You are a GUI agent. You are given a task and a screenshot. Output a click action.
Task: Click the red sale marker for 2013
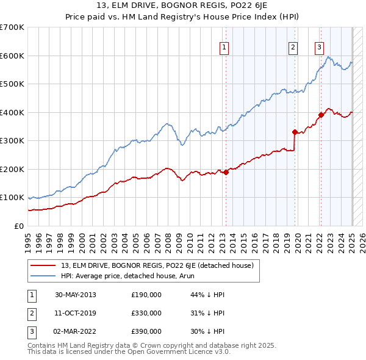tap(226, 172)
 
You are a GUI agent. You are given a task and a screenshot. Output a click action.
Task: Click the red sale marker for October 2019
tap(295, 132)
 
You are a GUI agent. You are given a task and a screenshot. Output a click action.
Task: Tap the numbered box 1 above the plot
tap(224, 47)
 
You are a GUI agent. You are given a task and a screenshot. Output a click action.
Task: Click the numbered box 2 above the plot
tap(293, 47)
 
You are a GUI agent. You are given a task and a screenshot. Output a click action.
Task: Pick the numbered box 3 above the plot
tap(319, 47)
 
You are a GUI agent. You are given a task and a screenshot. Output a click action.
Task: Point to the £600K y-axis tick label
tap(12, 56)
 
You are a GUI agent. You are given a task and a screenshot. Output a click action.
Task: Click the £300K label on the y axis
tap(12, 141)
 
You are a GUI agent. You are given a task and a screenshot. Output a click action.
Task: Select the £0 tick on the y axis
tap(18, 226)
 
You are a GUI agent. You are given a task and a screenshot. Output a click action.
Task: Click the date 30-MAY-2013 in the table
tap(75, 295)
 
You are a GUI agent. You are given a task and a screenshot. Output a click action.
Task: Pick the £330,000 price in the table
tap(146, 313)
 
